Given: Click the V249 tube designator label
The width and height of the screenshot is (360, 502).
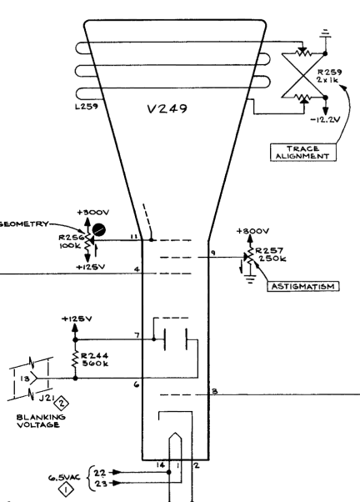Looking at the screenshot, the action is [x=167, y=109].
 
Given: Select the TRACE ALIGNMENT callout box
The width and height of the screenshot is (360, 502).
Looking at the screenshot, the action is [x=303, y=153].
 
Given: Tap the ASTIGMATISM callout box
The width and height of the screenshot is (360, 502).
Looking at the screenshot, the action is [x=303, y=286].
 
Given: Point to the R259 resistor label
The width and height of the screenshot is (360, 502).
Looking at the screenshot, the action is [x=329, y=72].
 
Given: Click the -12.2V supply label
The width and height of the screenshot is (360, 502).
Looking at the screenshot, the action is [x=325, y=119].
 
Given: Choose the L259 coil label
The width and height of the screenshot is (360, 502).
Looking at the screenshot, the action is [x=87, y=106].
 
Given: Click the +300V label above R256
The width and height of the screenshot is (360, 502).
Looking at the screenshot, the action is [x=93, y=213].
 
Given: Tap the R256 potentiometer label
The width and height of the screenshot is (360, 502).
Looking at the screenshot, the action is [x=71, y=238].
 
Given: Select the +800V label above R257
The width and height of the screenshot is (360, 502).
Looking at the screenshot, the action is [x=252, y=231].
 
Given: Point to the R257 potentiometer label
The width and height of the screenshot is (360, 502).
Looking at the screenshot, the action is [x=269, y=250].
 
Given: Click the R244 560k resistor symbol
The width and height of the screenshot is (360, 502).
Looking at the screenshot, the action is [x=76, y=359].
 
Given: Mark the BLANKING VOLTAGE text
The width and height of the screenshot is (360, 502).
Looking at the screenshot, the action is [x=41, y=421].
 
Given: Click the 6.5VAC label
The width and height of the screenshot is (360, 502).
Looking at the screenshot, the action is [x=64, y=478].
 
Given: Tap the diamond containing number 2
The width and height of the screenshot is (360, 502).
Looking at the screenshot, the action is [x=62, y=403].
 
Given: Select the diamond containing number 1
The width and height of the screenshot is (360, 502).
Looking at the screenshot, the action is [x=66, y=489].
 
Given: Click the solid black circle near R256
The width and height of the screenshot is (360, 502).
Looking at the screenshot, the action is [x=99, y=230].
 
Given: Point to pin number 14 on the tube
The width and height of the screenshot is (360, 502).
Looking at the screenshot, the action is [x=161, y=464].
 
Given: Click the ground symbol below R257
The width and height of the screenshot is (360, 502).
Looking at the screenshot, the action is [x=251, y=279].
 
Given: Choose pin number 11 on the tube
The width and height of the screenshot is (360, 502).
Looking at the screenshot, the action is [x=134, y=237].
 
